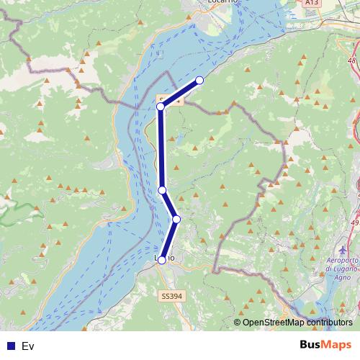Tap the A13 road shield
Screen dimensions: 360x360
click(x=311, y=3)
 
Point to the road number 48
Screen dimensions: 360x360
click(x=352, y=61)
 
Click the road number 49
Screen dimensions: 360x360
click(x=354, y=223)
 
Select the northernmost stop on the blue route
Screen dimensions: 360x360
click(x=199, y=80)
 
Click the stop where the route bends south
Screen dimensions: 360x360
click(x=161, y=107)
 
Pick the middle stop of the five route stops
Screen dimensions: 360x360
click(x=163, y=190)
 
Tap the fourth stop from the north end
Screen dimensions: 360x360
click(x=176, y=219)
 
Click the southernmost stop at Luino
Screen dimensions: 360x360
click(x=162, y=260)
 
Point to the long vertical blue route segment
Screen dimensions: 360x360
click(x=161, y=148)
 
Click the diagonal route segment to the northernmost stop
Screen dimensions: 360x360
click(x=180, y=93)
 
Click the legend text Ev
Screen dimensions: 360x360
click(x=28, y=346)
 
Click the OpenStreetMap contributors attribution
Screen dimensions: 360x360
click(x=297, y=323)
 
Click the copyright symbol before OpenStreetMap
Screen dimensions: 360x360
click(x=237, y=323)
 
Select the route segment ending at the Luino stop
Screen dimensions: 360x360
click(x=169, y=240)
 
